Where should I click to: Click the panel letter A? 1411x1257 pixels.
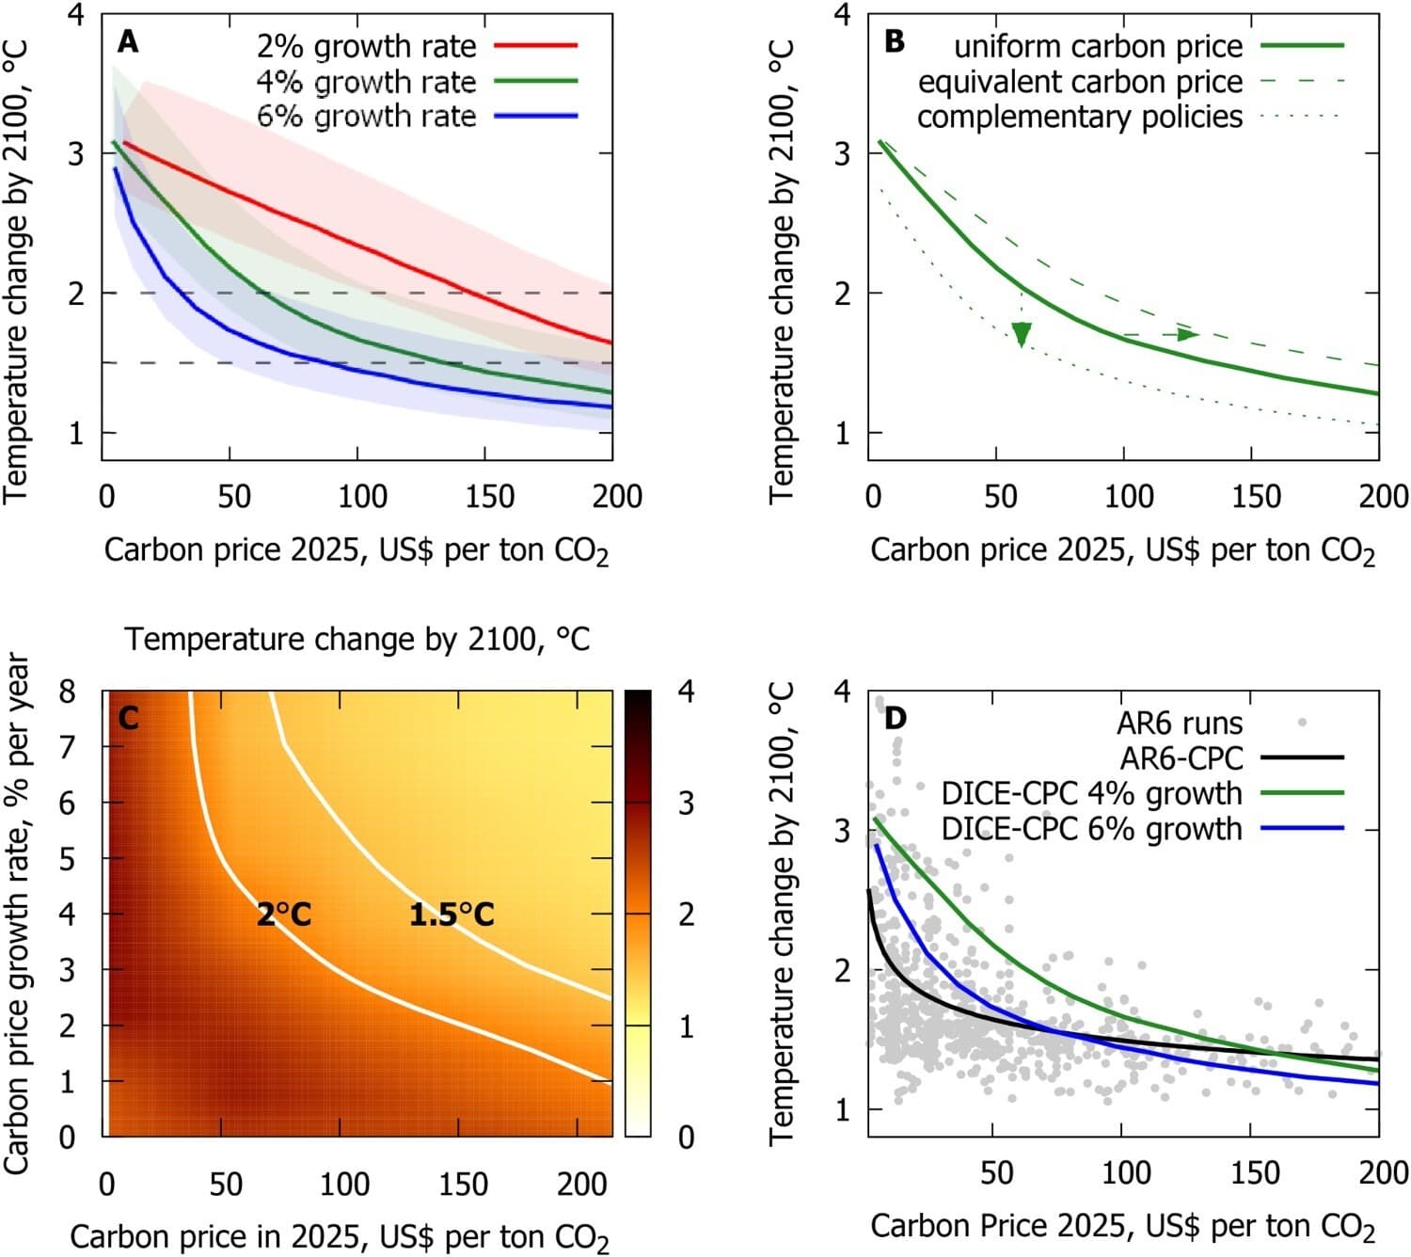[128, 42]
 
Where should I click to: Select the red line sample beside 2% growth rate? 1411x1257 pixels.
[535, 45]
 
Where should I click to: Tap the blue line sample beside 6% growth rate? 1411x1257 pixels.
[535, 116]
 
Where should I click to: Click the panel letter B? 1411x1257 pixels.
[895, 42]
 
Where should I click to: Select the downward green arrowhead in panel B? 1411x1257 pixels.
[1022, 334]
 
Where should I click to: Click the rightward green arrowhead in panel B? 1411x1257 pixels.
[1188, 334]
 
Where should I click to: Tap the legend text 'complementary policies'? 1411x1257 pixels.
[1080, 117]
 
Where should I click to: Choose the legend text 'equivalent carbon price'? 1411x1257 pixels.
[1080, 82]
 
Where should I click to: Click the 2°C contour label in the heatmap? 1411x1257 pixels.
[283, 914]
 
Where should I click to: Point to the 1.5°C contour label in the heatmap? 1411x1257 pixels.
[452, 914]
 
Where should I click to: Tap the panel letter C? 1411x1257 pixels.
[128, 719]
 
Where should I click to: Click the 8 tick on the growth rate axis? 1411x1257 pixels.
[67, 692]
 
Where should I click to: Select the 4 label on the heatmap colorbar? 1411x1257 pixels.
[686, 692]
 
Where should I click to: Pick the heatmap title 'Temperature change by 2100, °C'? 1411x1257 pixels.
[357, 640]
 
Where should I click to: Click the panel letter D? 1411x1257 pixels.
[895, 719]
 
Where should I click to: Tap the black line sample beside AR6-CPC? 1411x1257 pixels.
[1302, 757]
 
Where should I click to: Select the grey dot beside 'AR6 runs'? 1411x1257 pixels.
[1302, 723]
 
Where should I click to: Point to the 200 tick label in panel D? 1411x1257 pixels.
[1383, 1172]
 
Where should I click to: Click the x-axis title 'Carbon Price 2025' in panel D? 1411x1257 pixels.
[1122, 1227]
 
